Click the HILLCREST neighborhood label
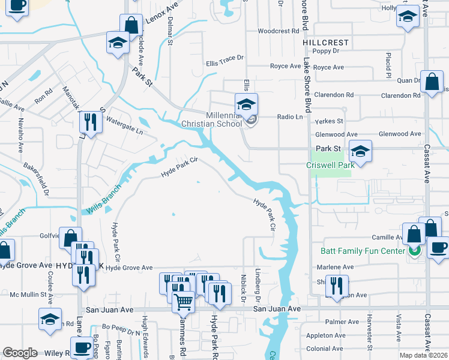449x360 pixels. (326, 43)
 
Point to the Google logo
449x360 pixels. (20, 353)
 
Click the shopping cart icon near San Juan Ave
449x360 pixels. (183, 302)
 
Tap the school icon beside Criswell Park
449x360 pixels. (360, 151)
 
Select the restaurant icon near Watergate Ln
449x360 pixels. (91, 123)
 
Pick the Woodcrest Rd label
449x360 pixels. (278, 31)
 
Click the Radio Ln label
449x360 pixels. (289, 118)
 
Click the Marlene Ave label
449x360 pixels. (331, 267)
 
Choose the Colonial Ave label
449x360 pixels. (324, 349)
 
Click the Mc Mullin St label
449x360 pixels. (28, 295)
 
